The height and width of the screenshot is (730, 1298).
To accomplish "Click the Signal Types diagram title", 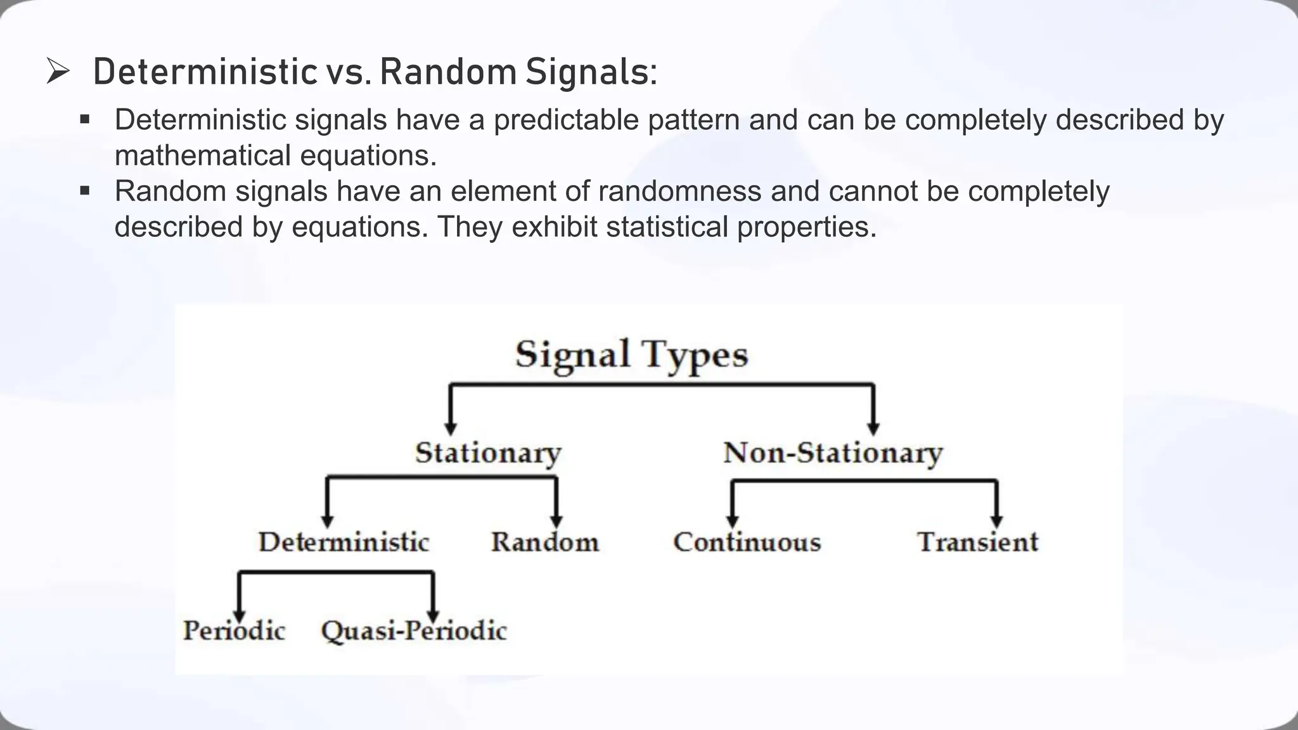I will point(631,354).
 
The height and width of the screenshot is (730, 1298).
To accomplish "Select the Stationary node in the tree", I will point(488,453).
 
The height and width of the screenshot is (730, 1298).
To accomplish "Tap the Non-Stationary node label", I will point(833,453).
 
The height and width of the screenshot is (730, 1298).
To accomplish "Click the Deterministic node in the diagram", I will point(344,542).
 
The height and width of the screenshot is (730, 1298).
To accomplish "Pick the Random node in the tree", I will point(545,542).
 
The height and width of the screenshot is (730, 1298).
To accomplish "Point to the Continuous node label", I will point(747,542).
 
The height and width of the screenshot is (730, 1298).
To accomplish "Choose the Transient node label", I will point(977,542).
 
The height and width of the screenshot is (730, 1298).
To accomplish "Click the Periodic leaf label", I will point(234,631).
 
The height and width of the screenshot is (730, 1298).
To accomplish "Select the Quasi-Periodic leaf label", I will point(414,631).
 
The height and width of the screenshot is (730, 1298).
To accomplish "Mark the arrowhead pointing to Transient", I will point(996,521).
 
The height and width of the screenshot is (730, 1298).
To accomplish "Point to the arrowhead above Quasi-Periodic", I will point(433,615).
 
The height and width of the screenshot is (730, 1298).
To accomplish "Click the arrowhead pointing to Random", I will point(556,521).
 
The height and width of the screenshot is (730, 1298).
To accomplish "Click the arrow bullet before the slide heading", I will point(58,72).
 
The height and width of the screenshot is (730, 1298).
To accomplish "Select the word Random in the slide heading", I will point(448,72).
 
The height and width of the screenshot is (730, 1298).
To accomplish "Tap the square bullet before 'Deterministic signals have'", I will point(85,119).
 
